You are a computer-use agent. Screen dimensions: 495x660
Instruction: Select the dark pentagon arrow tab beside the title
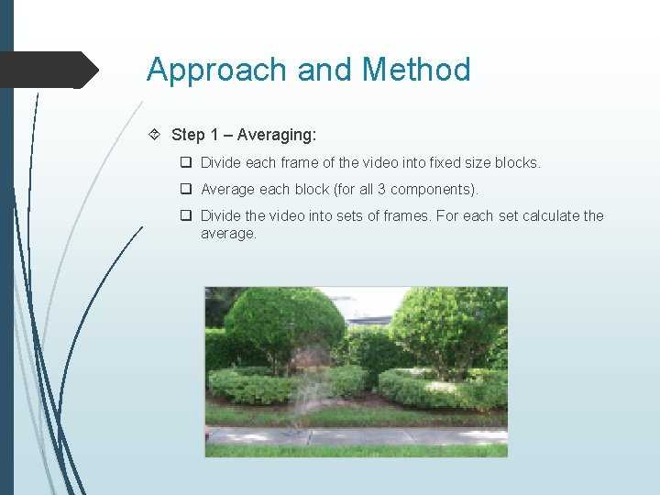pos(49,70)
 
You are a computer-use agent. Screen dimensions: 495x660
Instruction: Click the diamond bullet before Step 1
pos(156,135)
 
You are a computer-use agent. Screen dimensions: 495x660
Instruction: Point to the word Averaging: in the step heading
pos(276,135)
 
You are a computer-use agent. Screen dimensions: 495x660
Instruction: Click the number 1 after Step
pos(214,135)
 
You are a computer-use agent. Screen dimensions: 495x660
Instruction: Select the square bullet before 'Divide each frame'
pos(185,163)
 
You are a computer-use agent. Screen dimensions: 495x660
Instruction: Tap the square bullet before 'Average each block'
pos(185,190)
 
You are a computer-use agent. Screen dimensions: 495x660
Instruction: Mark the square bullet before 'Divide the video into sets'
pos(185,216)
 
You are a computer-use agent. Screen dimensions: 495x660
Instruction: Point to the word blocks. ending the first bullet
pos(518,163)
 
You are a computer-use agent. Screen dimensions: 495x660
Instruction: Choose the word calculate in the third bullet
pos(552,216)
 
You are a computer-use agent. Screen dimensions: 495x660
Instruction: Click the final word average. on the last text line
pos(229,234)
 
